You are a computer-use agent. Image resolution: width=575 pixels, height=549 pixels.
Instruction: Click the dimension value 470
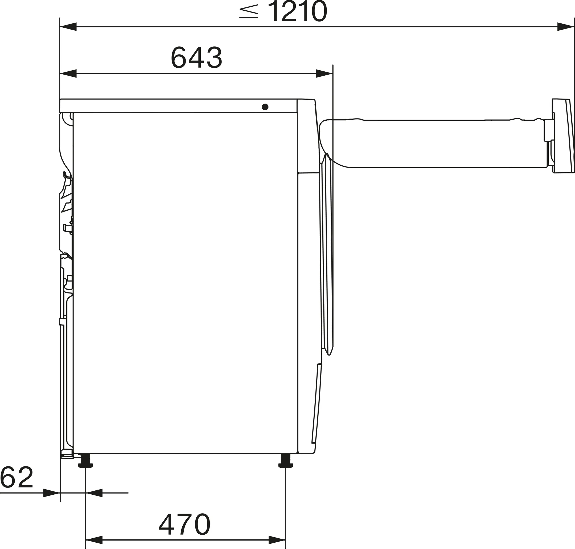[184, 525]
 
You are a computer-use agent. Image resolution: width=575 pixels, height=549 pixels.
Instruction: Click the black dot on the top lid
[265, 107]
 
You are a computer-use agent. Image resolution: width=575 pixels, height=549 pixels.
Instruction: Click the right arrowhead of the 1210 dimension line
[566, 27]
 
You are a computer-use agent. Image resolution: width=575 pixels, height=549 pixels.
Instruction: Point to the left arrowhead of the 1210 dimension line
[68, 27]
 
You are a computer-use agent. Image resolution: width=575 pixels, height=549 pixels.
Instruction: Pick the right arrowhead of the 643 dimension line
[324, 74]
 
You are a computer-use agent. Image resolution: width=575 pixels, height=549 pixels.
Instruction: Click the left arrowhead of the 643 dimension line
[68, 74]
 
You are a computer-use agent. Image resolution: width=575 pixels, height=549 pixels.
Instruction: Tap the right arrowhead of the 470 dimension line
[277, 540]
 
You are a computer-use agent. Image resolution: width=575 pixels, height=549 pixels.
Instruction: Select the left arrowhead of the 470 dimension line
[94, 540]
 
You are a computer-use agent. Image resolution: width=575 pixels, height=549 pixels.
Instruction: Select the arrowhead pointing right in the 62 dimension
[51, 493]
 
